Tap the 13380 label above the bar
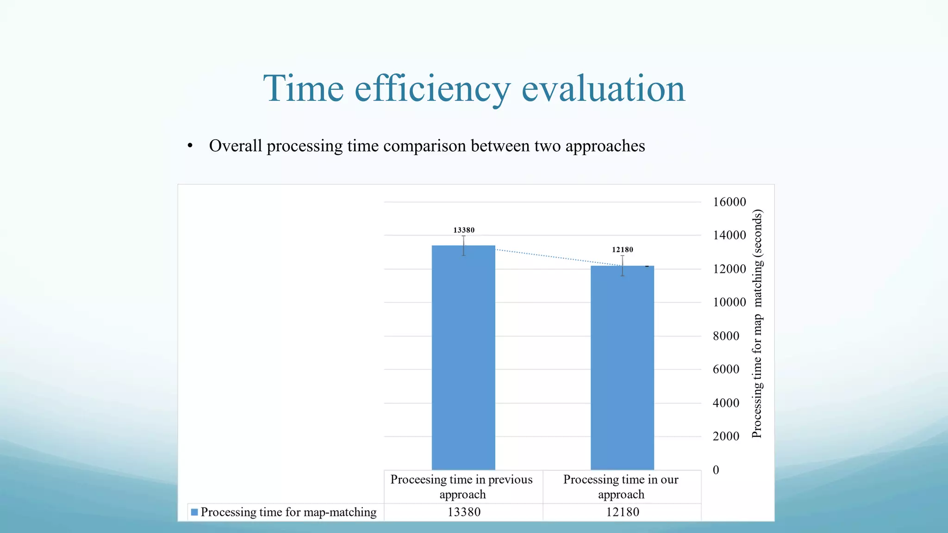[x=464, y=230]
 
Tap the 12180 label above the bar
[x=623, y=249]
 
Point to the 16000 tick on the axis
[x=730, y=202]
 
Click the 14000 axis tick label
[x=730, y=235]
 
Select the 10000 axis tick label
[x=730, y=302]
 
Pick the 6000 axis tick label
[x=726, y=369]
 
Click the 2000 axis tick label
[x=726, y=436]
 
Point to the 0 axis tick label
[x=716, y=470]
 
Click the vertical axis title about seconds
[x=757, y=324]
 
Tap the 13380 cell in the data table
[x=464, y=512]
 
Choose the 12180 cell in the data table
[x=623, y=512]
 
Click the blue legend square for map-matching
[x=194, y=512]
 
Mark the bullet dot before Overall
[x=190, y=146]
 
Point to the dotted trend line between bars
[x=555, y=257]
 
